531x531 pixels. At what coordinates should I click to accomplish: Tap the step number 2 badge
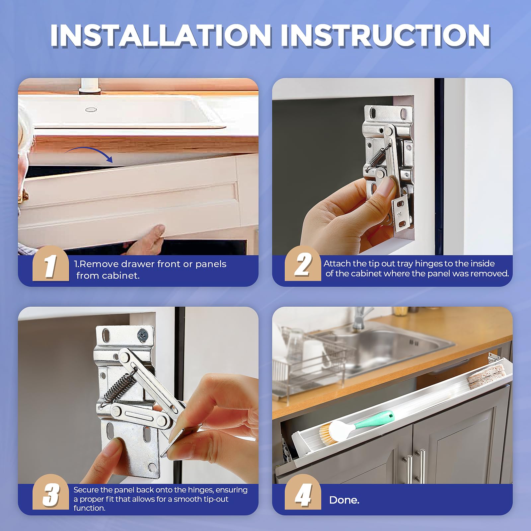[x=303, y=265]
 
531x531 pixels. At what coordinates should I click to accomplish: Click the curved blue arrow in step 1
[x=90, y=154]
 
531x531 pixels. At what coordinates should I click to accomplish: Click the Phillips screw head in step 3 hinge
[x=143, y=335]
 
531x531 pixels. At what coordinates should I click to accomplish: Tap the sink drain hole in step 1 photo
[x=91, y=109]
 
